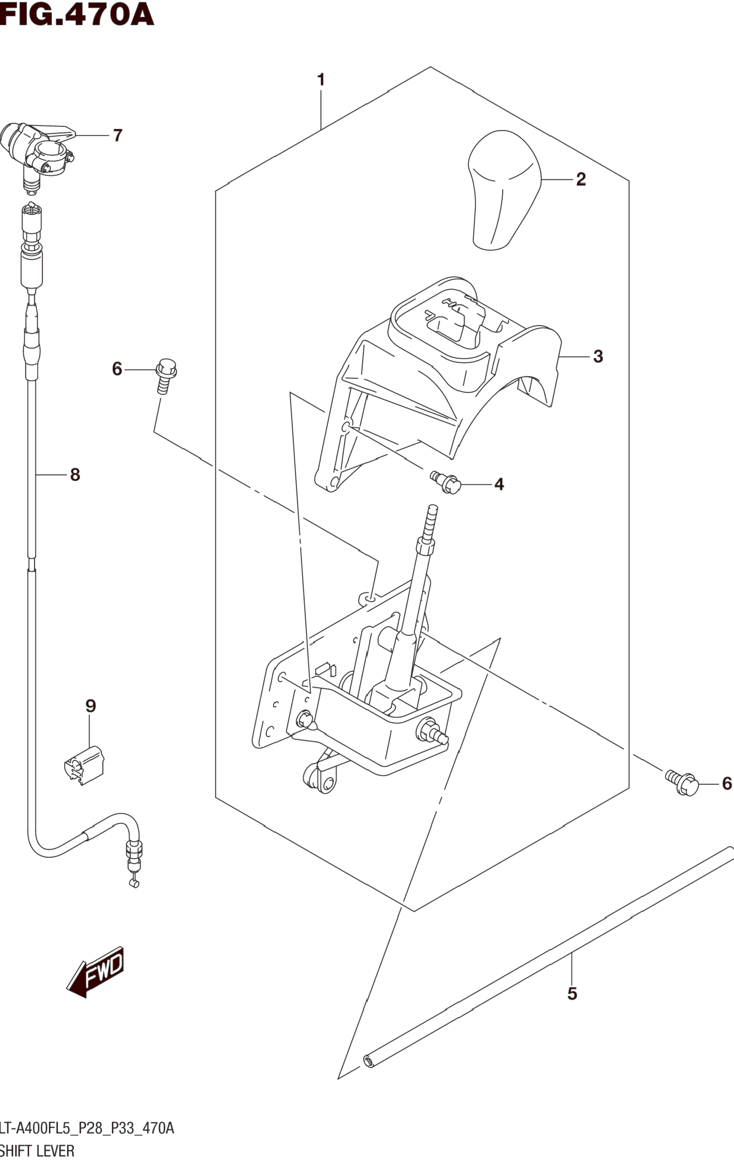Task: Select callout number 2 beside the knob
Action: (x=581, y=179)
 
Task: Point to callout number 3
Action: (x=598, y=357)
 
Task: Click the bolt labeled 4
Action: (x=446, y=481)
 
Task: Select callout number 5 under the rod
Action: (x=572, y=993)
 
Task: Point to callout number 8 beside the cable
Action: (x=75, y=475)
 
